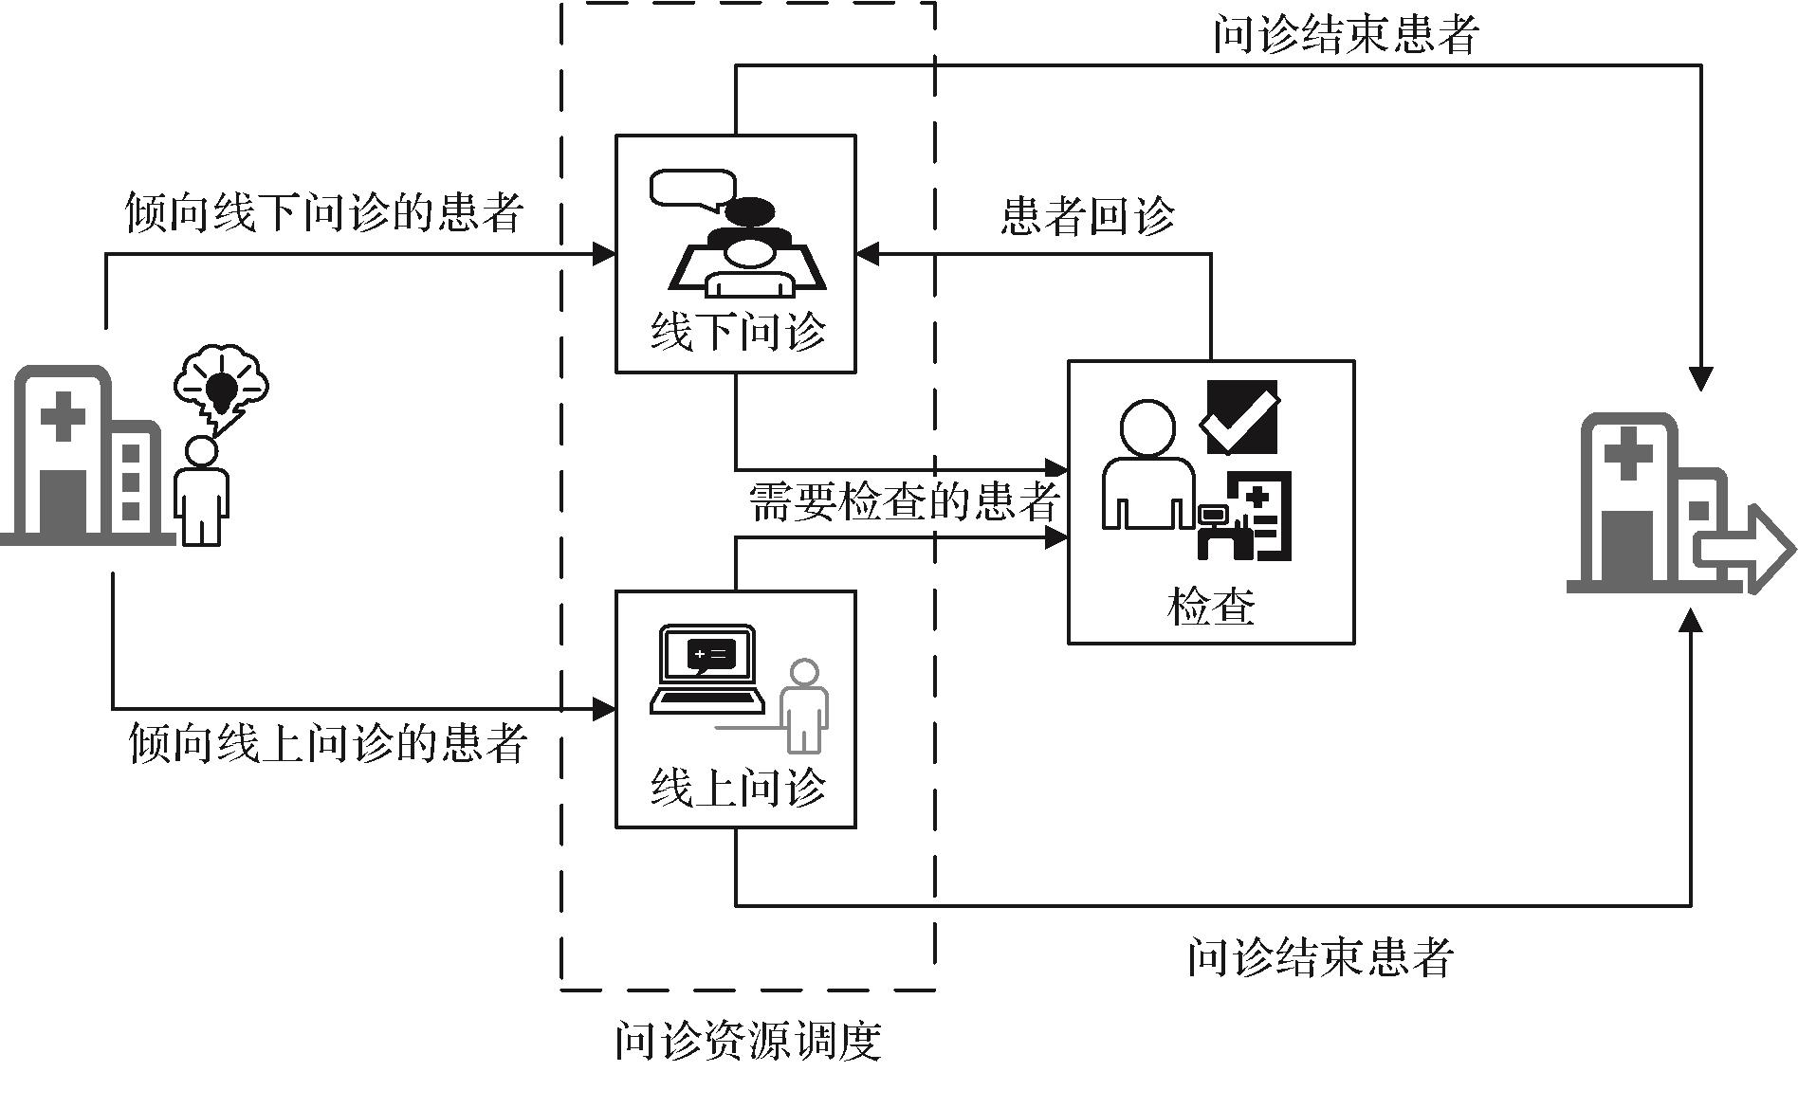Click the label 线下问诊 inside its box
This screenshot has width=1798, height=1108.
[x=737, y=332]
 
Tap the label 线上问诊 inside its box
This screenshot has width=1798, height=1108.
[x=737, y=787]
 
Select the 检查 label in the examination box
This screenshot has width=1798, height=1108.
[x=1211, y=606]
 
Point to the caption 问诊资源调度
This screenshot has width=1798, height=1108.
[x=748, y=1041]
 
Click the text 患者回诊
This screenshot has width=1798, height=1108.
[x=1088, y=216]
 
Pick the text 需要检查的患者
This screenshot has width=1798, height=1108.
[x=904, y=501]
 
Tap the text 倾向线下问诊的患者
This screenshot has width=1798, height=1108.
[x=324, y=212]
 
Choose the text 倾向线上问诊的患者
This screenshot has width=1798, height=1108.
[x=327, y=743]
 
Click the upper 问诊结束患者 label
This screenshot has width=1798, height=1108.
[x=1346, y=35]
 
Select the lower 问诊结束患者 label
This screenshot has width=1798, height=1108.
[x=1320, y=957]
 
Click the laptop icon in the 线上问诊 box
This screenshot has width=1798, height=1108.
[x=707, y=668]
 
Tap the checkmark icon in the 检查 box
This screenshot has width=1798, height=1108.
[x=1239, y=416]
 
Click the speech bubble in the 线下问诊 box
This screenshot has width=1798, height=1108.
[x=693, y=189]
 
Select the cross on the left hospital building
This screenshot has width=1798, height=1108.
[x=64, y=417]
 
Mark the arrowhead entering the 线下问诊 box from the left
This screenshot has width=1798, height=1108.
[x=604, y=254]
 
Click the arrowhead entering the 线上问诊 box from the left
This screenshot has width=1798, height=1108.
[x=604, y=708]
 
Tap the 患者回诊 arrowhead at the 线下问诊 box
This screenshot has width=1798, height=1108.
[x=868, y=254]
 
